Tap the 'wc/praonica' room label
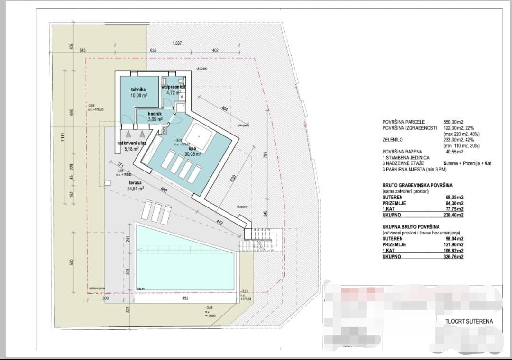[x=174, y=87]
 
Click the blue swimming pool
[x=185, y=258]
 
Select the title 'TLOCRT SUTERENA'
[x=469, y=321]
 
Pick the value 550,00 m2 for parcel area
[x=454, y=122]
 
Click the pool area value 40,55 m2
[x=455, y=152]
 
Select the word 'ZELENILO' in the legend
[x=393, y=140]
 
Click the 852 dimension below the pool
[x=185, y=298]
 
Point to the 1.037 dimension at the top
[x=177, y=43]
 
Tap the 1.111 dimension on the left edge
[x=62, y=137]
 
